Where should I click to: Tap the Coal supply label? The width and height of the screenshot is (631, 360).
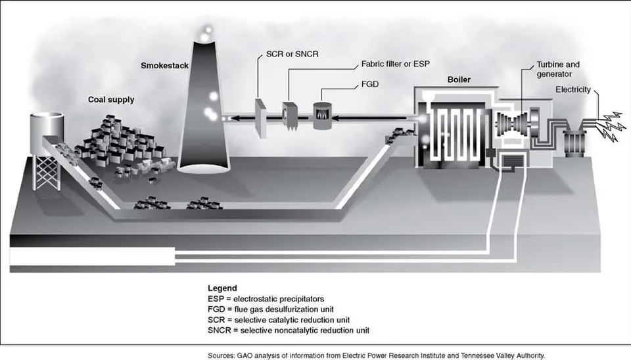coord(111,100)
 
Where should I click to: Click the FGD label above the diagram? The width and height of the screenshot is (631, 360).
coord(370,84)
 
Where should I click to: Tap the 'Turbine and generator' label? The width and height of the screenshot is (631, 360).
coord(559,69)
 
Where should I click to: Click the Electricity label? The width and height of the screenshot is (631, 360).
coord(573,89)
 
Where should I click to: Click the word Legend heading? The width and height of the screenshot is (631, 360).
coord(222,288)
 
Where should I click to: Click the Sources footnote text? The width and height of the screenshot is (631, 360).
coord(376,355)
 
